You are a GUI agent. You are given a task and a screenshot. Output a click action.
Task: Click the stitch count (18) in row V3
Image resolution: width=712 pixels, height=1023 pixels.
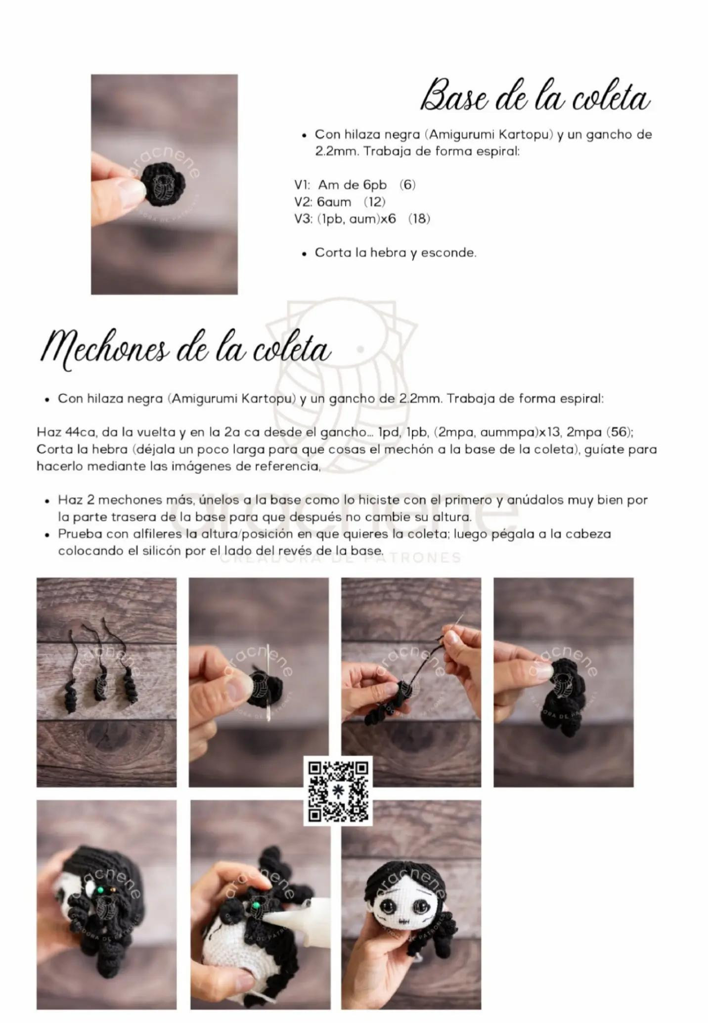pyautogui.click(x=419, y=219)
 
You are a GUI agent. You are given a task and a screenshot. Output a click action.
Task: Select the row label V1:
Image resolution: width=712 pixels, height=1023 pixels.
pyautogui.click(x=302, y=185)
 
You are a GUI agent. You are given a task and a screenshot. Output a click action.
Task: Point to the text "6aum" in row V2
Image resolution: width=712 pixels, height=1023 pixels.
pyautogui.click(x=334, y=202)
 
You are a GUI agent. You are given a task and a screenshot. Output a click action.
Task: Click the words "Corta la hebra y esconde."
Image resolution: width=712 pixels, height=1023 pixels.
pyautogui.click(x=396, y=253)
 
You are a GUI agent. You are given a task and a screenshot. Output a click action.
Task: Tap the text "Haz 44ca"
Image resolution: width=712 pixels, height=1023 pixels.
pyautogui.click(x=65, y=432)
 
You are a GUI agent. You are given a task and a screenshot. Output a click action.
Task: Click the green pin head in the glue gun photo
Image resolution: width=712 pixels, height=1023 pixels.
pyautogui.click(x=256, y=905)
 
